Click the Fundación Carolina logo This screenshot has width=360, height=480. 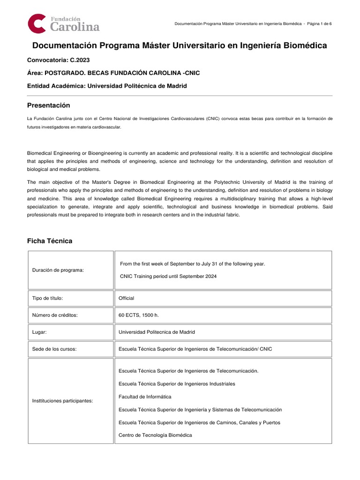click(63, 23)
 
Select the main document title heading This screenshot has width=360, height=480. click(180, 45)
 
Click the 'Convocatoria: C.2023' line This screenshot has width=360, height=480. click(59, 60)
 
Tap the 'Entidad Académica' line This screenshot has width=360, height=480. click(107, 86)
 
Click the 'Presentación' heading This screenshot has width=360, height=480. click(48, 105)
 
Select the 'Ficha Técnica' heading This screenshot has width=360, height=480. click(50, 241)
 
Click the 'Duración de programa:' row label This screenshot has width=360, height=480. click(58, 270)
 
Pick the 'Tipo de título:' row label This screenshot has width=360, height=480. click(47, 298)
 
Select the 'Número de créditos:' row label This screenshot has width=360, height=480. click(54, 315)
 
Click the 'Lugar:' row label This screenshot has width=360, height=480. click(39, 332)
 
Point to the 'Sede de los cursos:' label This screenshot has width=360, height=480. click(55, 349)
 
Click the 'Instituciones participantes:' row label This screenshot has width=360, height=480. click(62, 401)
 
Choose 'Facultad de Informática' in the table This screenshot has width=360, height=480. click(145, 397)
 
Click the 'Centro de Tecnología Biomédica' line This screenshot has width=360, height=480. click(155, 435)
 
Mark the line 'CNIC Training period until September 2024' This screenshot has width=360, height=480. click(168, 276)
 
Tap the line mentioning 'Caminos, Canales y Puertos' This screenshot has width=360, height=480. click(199, 422)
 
